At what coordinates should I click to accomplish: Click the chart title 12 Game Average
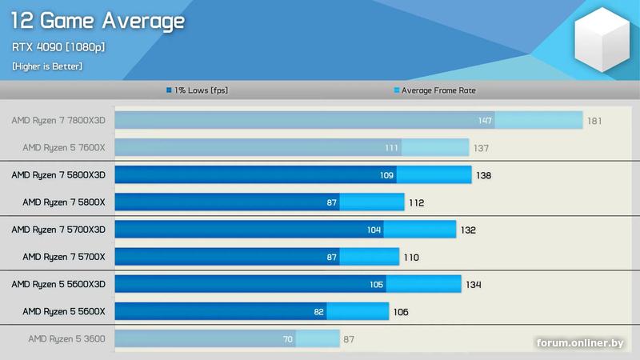[x=98, y=21]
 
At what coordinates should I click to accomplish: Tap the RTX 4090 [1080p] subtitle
[x=58, y=46]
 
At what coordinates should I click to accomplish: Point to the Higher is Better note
[x=47, y=66]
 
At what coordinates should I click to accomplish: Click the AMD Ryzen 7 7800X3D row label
[x=58, y=121]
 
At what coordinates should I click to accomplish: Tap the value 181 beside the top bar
[x=595, y=121]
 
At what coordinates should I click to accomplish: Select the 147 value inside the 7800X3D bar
[x=485, y=121]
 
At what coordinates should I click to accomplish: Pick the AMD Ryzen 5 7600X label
[x=63, y=148]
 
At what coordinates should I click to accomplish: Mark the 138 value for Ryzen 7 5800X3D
[x=484, y=175]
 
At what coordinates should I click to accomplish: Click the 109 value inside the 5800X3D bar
[x=387, y=175]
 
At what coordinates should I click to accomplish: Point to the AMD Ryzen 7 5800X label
[x=63, y=202]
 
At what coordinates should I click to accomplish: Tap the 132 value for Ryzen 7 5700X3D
[x=468, y=230]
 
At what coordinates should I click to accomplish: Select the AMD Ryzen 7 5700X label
[x=63, y=257]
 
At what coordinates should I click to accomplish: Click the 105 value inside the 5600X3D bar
[x=377, y=284]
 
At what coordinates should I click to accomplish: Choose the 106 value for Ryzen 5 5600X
[x=401, y=311]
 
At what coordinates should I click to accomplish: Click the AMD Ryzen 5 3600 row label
[x=66, y=338]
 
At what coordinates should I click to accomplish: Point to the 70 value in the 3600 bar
[x=288, y=338]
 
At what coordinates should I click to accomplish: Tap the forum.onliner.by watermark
[x=580, y=343]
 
